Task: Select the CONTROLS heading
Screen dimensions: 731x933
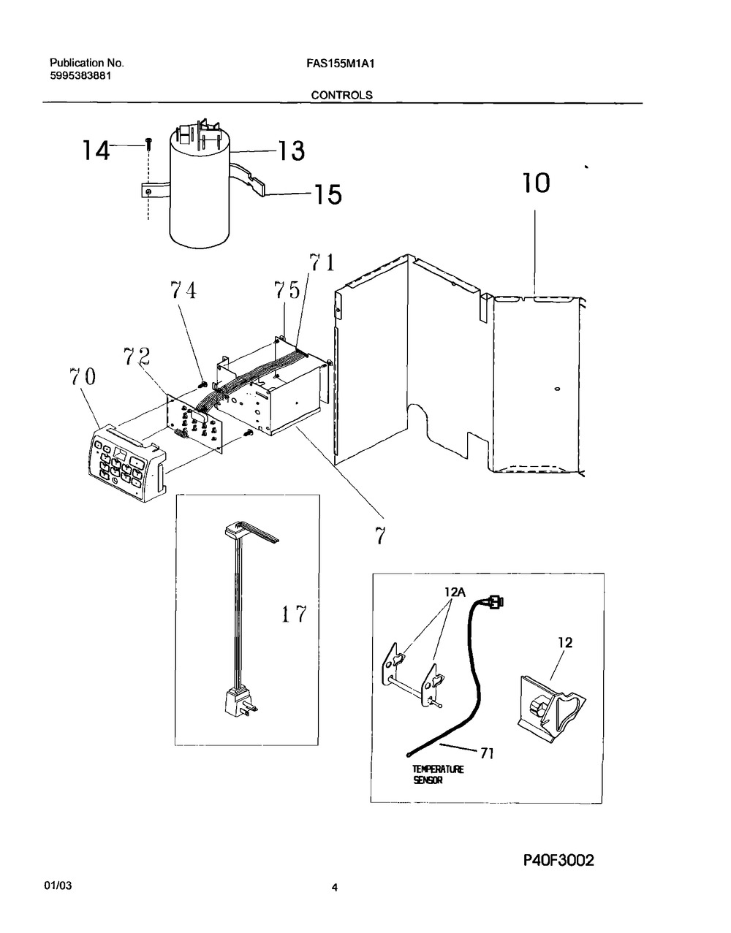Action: point(342,95)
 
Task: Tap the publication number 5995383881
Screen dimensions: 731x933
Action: point(80,77)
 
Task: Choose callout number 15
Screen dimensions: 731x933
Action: point(328,194)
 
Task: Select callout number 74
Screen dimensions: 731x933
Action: point(183,290)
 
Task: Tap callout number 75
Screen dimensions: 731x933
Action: point(287,290)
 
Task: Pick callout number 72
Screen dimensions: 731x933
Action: point(137,356)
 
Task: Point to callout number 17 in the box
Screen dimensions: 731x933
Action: point(294,614)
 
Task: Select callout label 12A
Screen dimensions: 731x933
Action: point(455,592)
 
